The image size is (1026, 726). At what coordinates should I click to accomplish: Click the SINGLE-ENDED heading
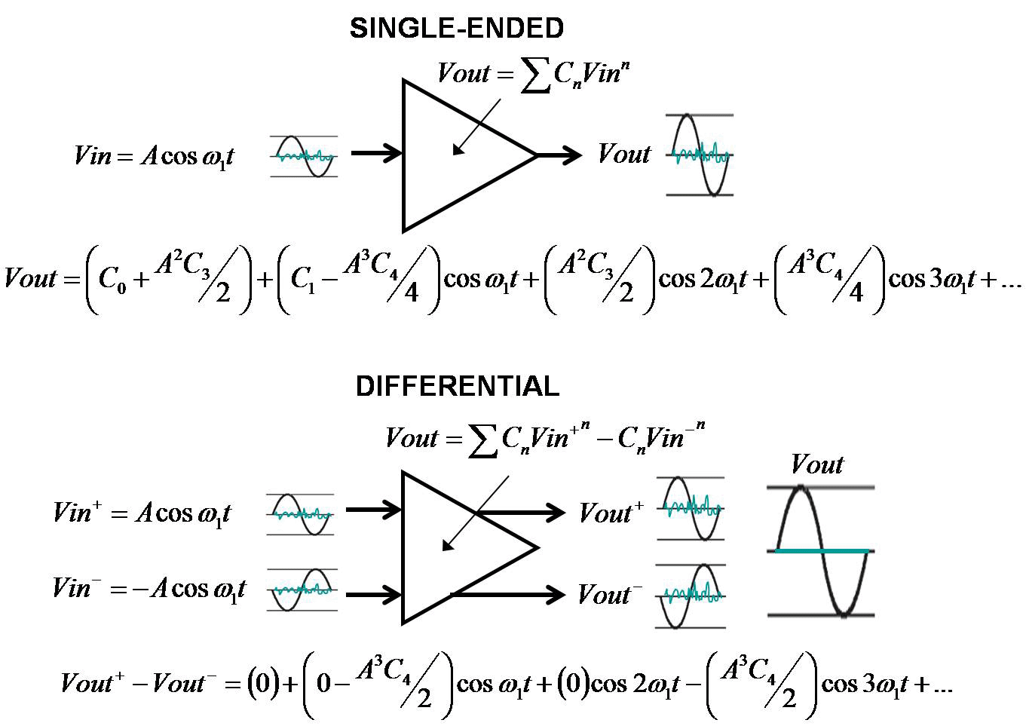pos(457,29)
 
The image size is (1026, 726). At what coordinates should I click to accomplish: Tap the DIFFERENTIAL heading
pos(457,386)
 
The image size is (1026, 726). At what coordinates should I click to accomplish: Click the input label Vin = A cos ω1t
pos(154,155)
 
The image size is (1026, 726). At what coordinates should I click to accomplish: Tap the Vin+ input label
pos(142,513)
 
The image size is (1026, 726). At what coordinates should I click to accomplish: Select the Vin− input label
pos(149,588)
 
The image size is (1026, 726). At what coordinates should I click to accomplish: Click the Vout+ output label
pos(611,513)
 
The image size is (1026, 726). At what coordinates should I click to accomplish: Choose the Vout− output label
pos(610,595)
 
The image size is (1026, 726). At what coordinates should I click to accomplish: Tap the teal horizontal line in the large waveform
pos(822,551)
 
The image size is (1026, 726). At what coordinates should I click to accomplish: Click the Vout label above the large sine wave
pos(817,464)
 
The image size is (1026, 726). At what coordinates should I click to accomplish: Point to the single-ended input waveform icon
pos(303,157)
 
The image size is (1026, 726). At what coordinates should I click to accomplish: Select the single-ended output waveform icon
pos(700,155)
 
